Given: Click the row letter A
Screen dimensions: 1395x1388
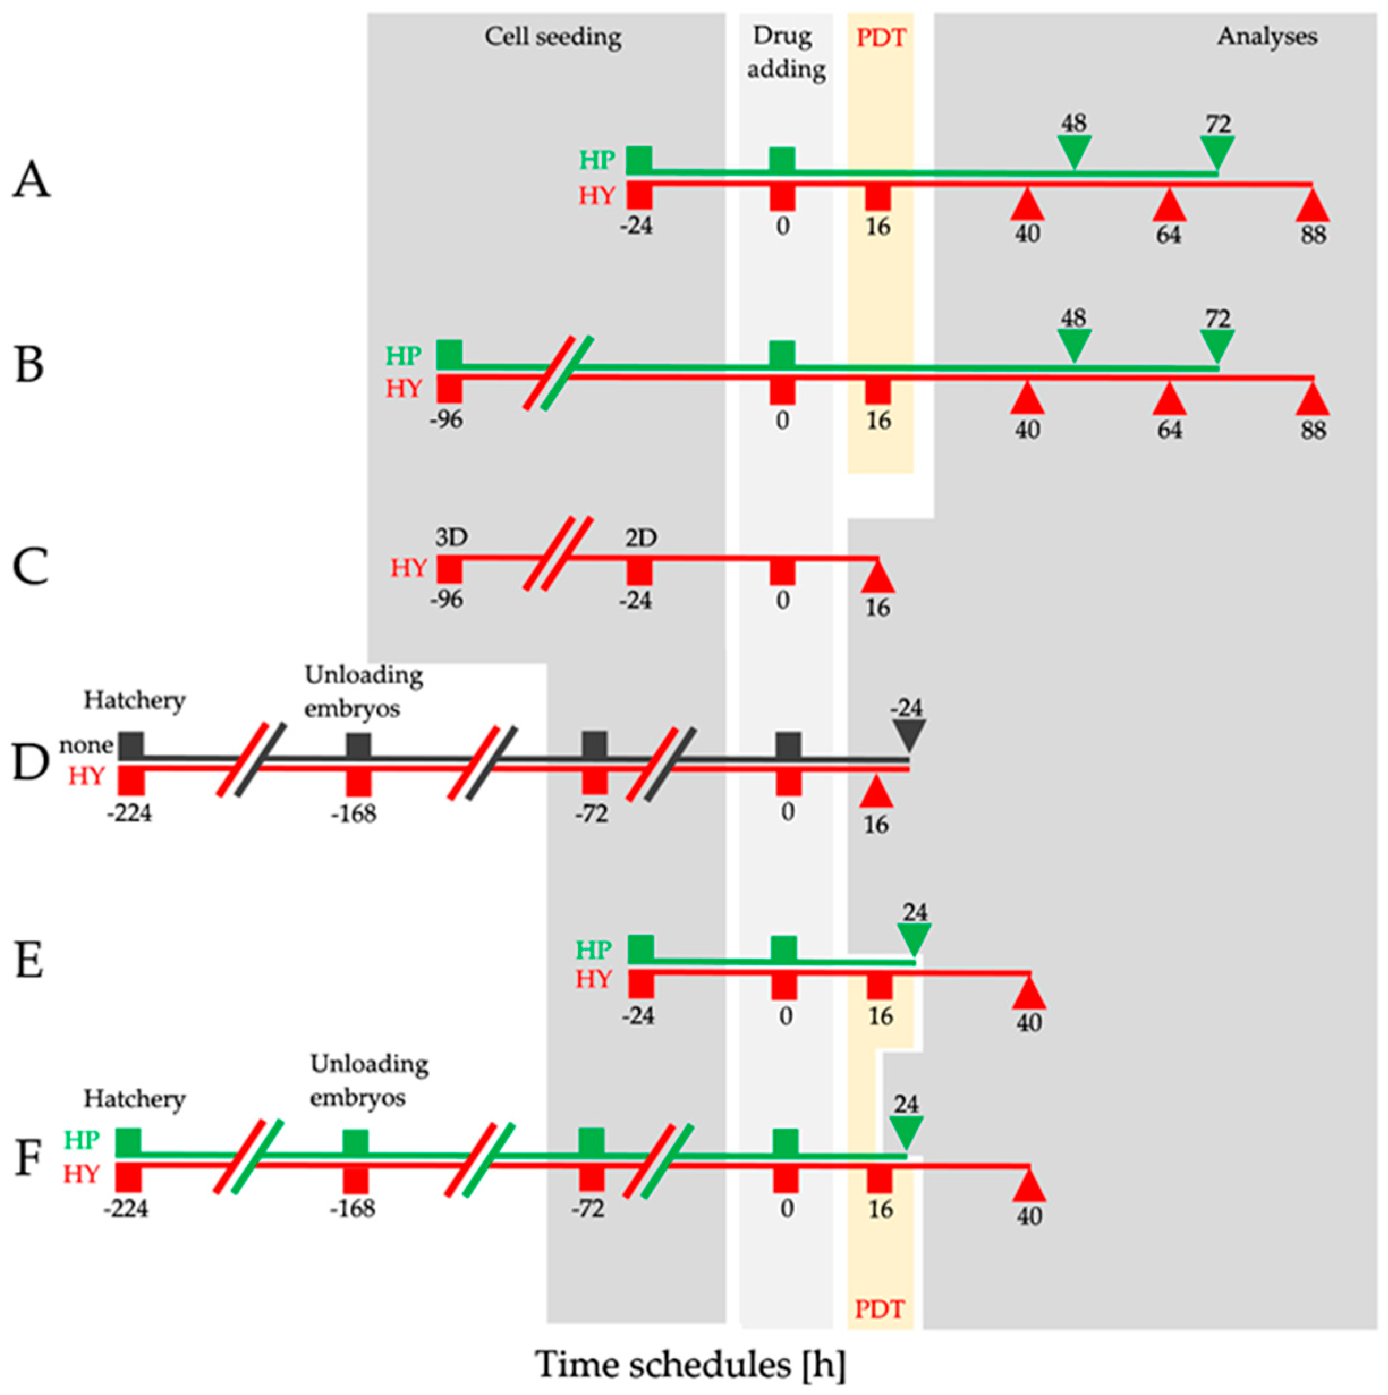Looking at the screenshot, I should [x=32, y=180].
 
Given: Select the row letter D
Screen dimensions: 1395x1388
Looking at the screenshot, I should [x=30, y=764].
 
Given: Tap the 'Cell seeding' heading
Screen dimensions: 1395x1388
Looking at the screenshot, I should [x=553, y=37].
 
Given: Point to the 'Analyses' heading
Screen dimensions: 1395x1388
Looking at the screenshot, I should [x=1267, y=37].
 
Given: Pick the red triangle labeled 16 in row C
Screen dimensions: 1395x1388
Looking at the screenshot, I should [x=878, y=578].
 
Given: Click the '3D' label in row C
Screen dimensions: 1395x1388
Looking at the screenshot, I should [x=452, y=537].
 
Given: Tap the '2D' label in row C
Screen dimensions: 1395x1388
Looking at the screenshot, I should [x=641, y=538].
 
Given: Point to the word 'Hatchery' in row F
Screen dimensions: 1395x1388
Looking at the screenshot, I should [x=134, y=1099].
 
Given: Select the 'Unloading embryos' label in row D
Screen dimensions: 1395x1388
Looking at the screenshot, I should [x=363, y=692].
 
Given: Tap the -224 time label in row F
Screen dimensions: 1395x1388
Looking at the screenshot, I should [x=126, y=1208].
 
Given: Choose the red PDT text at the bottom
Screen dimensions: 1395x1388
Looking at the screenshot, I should [x=879, y=1308].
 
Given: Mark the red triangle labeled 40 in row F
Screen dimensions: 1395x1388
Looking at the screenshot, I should [x=1029, y=1186].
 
